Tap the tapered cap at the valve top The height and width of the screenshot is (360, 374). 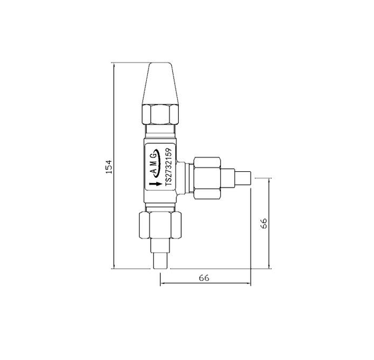[159, 83]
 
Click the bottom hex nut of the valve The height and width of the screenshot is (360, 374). [160, 226]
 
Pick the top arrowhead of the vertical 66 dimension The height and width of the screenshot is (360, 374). [269, 179]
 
